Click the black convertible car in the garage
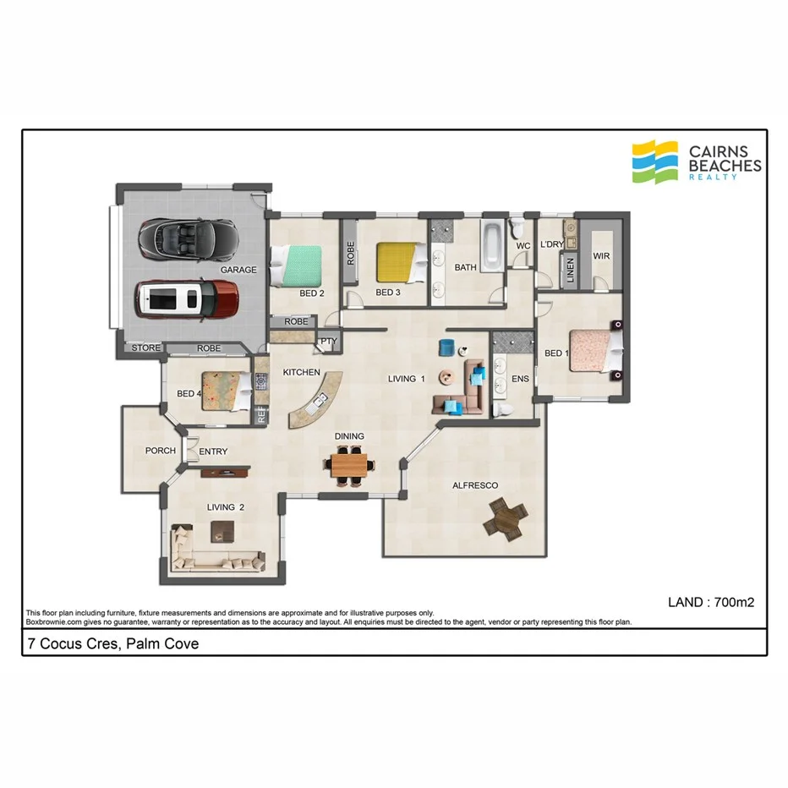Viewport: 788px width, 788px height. [188, 240]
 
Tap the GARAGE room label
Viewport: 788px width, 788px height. [238, 270]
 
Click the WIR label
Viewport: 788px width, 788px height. [602, 255]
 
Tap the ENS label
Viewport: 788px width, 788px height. [520, 379]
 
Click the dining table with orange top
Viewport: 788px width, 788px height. [349, 465]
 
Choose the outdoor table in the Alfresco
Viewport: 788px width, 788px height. [505, 517]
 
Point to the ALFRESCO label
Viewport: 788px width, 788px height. [475, 485]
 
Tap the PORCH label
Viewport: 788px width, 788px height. [161, 451]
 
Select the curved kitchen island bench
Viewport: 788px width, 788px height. [313, 401]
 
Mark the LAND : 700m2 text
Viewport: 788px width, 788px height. [710, 603]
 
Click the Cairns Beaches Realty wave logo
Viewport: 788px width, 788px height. [655, 161]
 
